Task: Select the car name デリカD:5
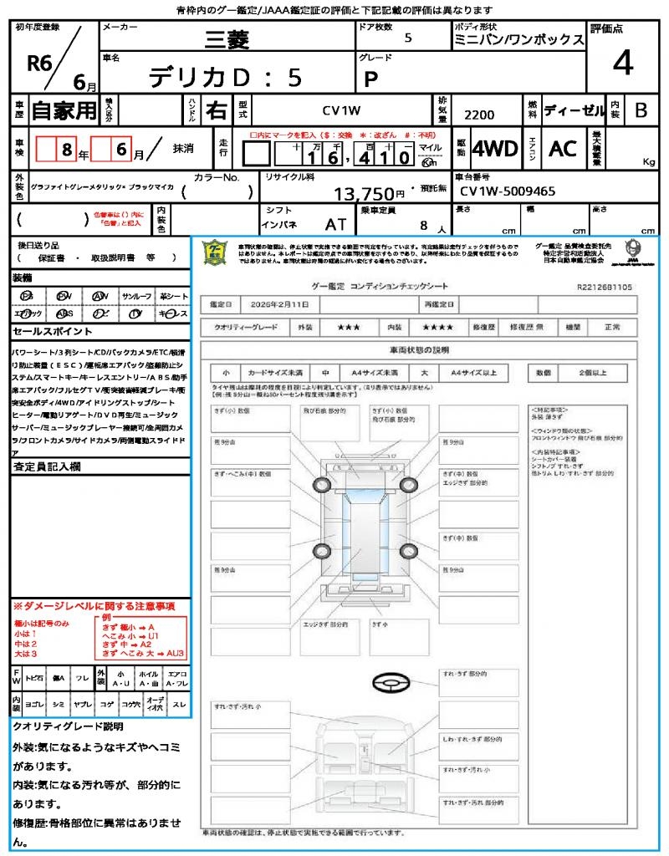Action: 225,77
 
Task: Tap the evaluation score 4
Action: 621,64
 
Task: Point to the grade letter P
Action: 370,79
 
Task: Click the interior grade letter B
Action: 641,110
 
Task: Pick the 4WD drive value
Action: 495,149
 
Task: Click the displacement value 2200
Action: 478,115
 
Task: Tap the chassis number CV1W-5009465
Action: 508,191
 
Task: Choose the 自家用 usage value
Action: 64,110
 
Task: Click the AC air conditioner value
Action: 563,149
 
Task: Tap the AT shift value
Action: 335,224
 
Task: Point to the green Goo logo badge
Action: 217,252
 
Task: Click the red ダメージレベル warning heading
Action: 94,605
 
